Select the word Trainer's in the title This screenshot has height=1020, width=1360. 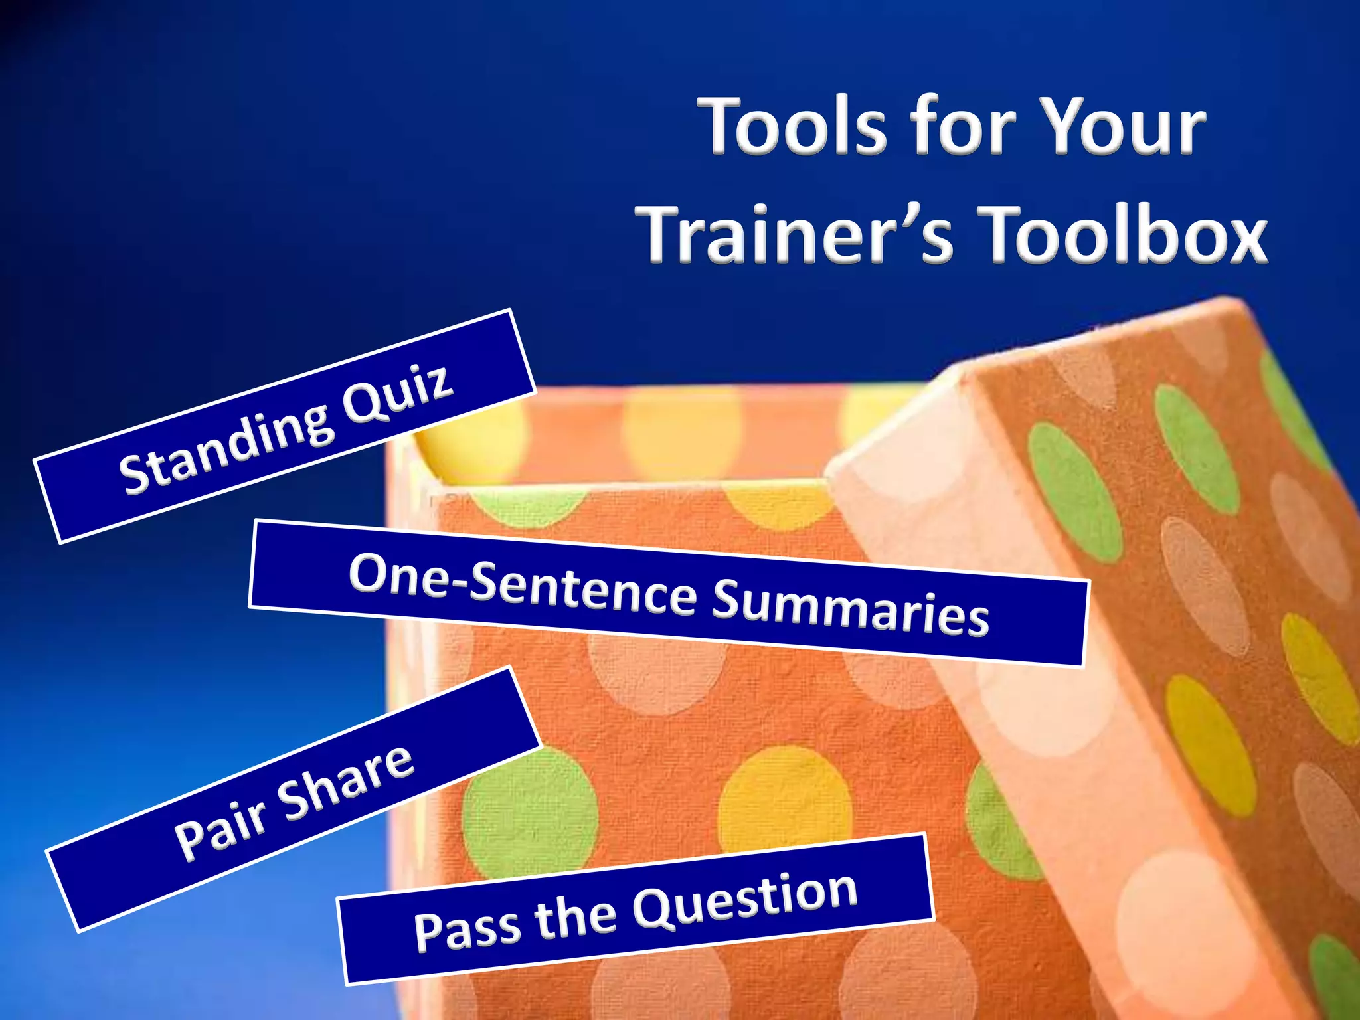(794, 234)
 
